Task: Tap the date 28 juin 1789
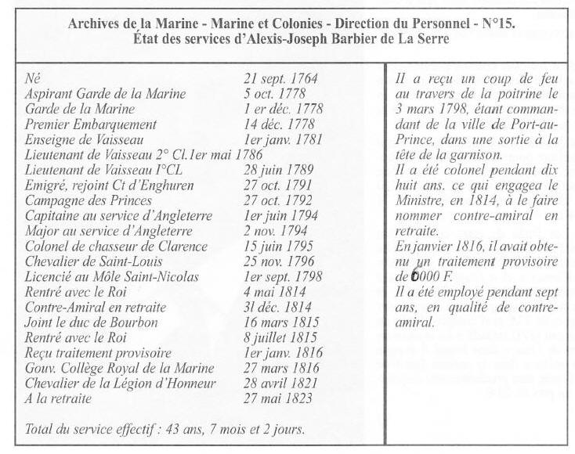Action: pos(279,169)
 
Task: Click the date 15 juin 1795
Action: pos(280,245)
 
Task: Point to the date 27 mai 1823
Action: pos(278,398)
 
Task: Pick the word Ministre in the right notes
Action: pos(420,200)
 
